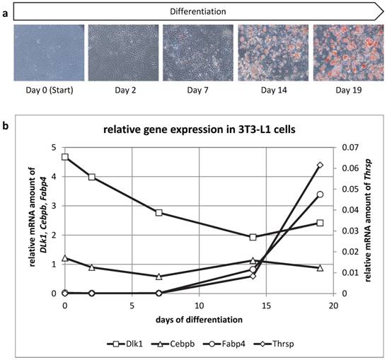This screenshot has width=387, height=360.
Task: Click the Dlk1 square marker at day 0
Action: click(x=65, y=157)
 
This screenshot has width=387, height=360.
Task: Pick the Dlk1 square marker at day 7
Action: click(x=159, y=212)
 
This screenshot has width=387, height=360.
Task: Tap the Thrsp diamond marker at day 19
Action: click(x=320, y=165)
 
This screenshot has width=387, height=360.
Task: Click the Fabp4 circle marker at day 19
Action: click(x=320, y=194)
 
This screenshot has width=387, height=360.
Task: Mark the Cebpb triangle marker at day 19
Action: click(x=320, y=268)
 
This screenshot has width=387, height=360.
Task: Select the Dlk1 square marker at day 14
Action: click(x=253, y=237)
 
